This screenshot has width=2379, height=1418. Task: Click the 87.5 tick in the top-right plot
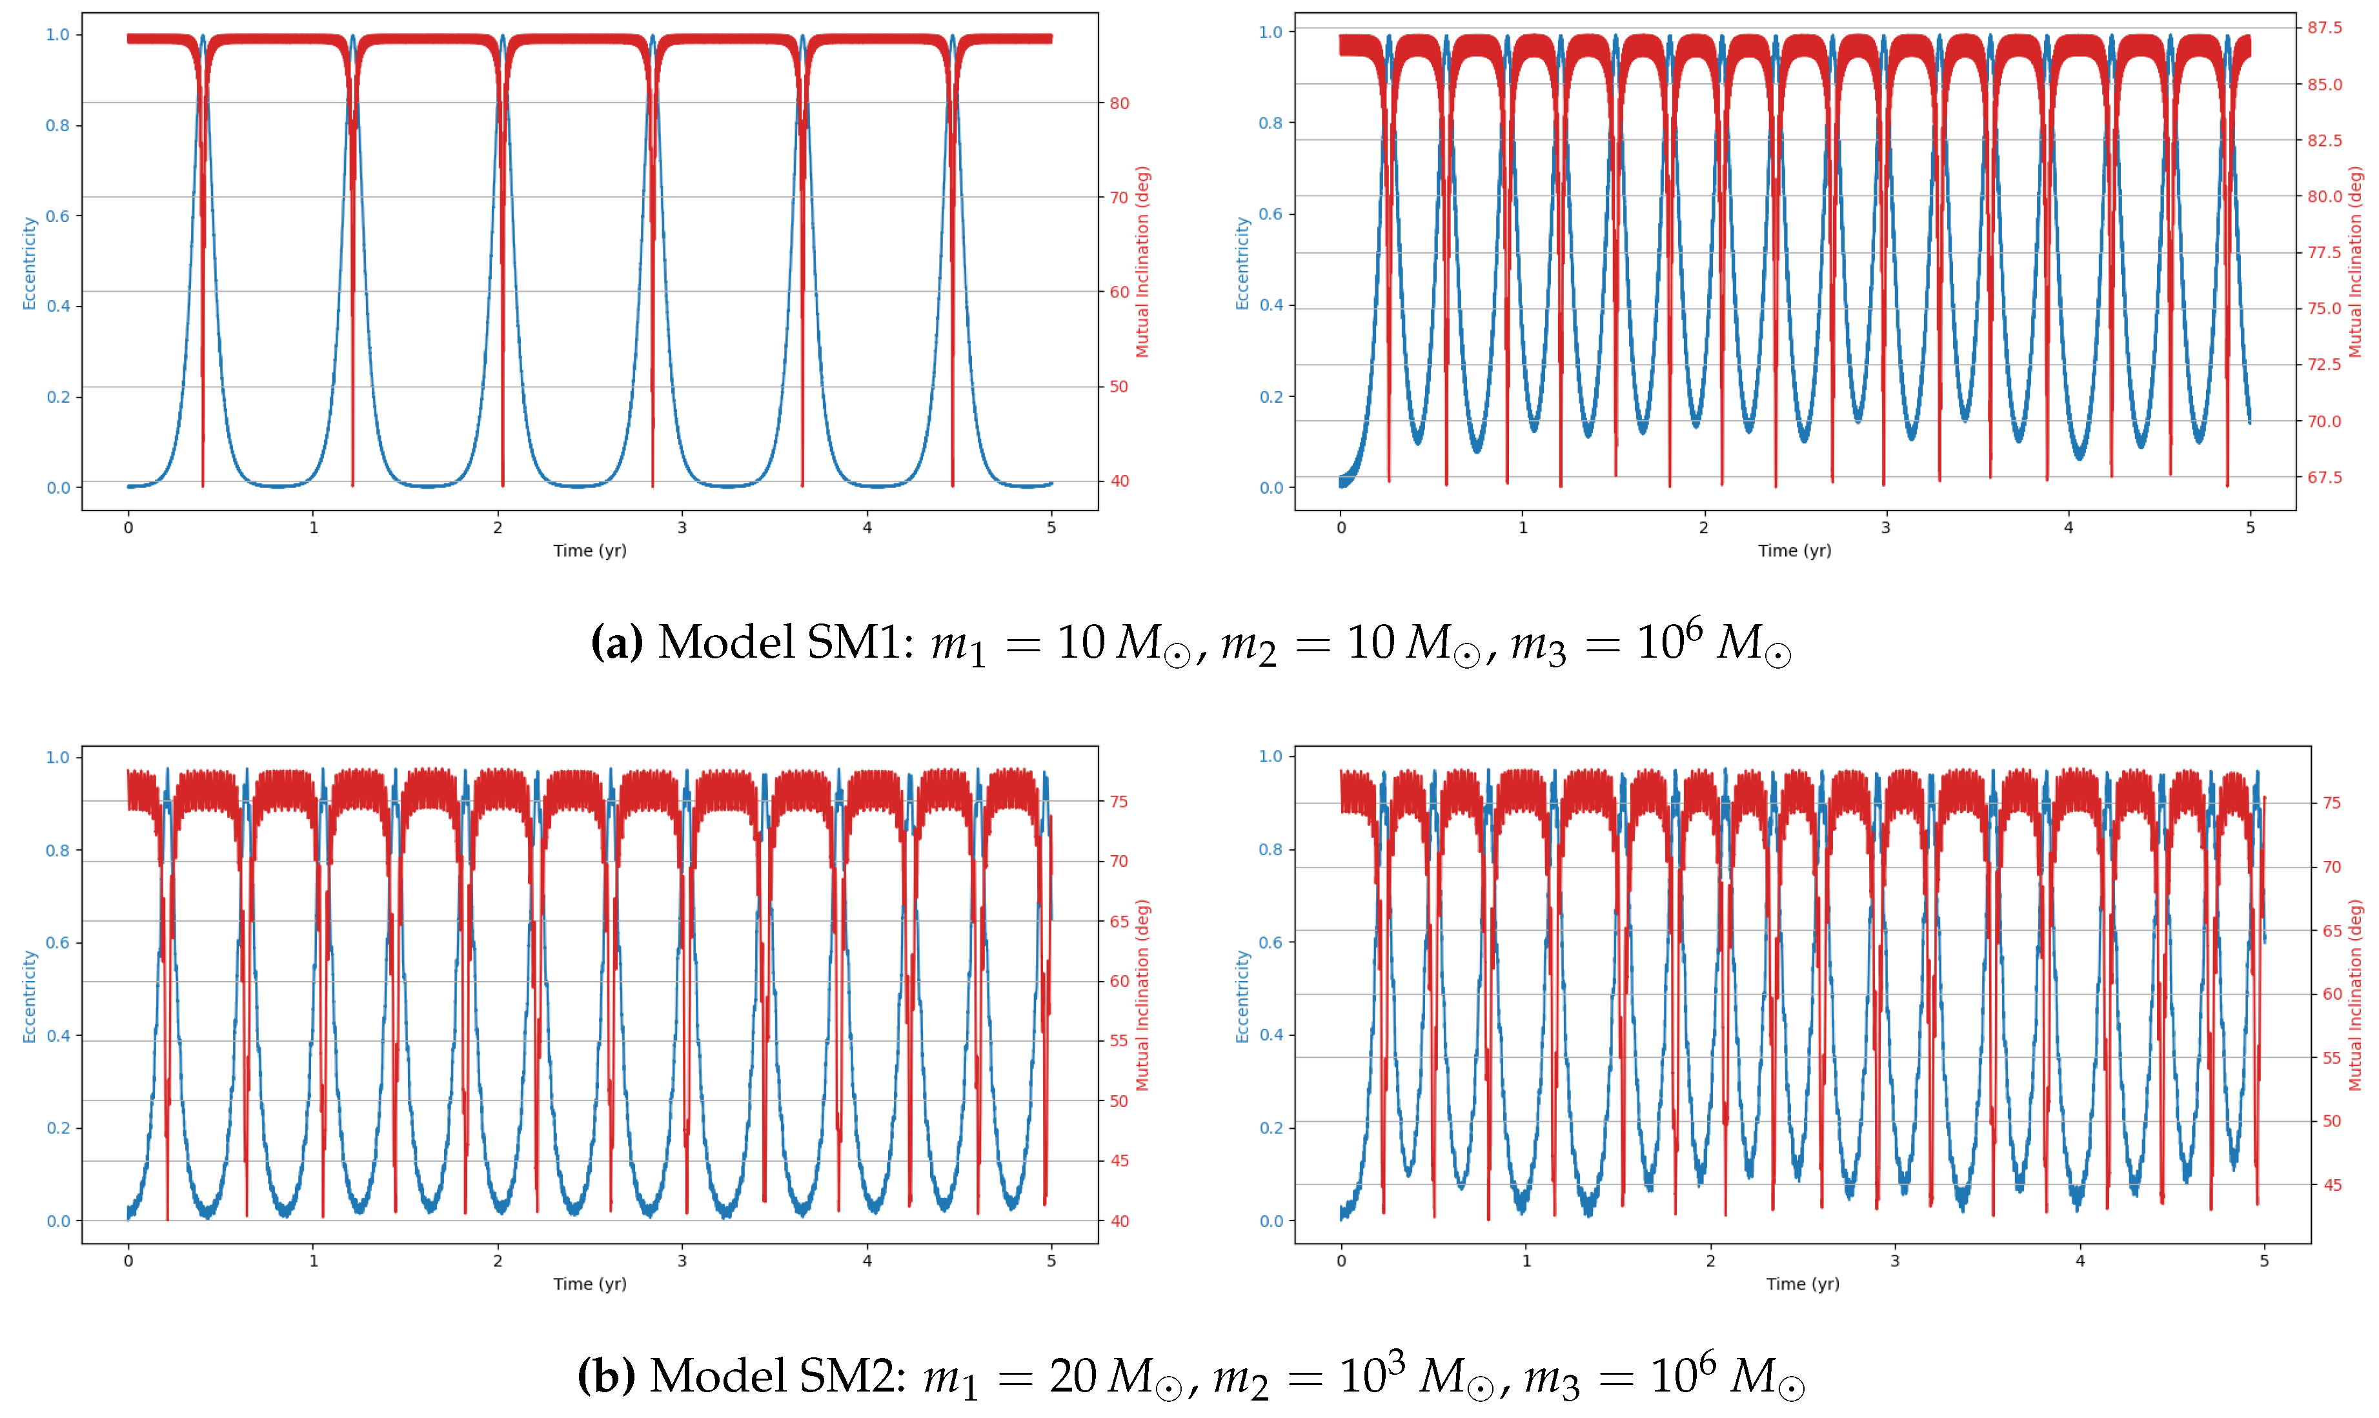pyautogui.click(x=2325, y=28)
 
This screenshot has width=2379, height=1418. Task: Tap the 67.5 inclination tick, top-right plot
pyautogui.click(x=2325, y=477)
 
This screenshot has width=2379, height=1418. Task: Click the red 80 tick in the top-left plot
pyautogui.click(x=1119, y=103)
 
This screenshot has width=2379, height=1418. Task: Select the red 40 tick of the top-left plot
pyautogui.click(x=1119, y=481)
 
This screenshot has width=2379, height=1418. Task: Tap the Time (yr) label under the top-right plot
pyautogui.click(x=1794, y=551)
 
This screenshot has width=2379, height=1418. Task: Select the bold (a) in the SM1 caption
pyautogui.click(x=617, y=642)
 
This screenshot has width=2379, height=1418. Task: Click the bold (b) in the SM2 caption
pyautogui.click(x=607, y=1376)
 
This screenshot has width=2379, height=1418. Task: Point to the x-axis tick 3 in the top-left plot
pyautogui.click(x=682, y=527)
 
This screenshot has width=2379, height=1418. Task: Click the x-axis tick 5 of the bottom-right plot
pyautogui.click(x=2263, y=1261)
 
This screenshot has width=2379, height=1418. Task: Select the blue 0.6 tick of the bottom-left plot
pyautogui.click(x=57, y=942)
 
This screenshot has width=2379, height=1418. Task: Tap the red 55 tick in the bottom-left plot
pyautogui.click(x=1119, y=1040)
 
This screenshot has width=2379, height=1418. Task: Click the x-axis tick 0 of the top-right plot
pyautogui.click(x=1341, y=527)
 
